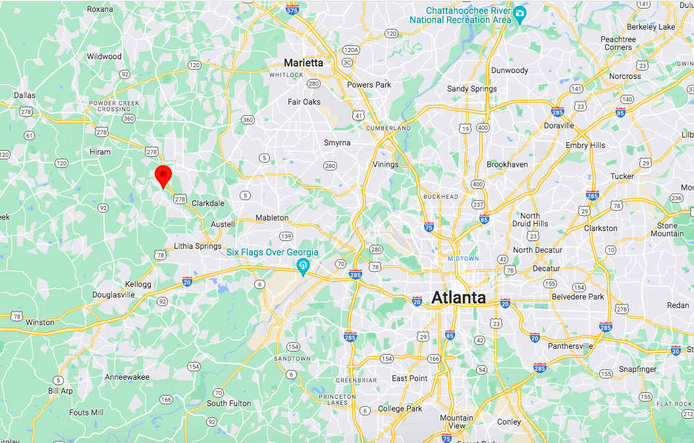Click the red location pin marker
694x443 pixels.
coord(163,176)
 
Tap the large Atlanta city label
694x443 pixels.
coord(458,298)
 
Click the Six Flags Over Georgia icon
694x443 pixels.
coord(303,266)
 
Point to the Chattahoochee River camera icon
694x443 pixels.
coord(520,13)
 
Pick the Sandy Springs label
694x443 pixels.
coord(472,89)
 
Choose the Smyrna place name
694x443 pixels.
coord(337,143)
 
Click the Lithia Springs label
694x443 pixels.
coord(198,246)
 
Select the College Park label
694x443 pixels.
coord(400,409)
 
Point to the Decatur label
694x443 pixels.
coord(546,268)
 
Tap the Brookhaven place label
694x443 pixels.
coord(507,165)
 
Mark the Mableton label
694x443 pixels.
coord(272,218)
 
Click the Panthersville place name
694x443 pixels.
coord(570,346)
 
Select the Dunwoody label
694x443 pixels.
coord(510,70)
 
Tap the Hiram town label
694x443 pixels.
coord(100,152)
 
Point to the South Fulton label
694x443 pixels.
coord(228,404)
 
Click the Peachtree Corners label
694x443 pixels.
coord(618,43)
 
